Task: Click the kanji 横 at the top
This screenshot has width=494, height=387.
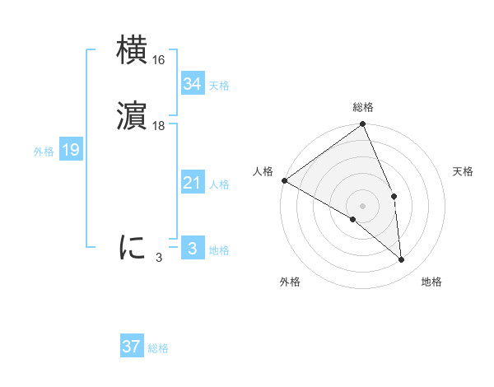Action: [133, 50]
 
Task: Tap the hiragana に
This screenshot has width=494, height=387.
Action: [133, 247]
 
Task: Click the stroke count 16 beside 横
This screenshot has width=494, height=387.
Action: [160, 60]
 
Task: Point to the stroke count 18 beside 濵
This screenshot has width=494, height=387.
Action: [160, 126]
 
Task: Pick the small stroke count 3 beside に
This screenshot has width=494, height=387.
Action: [159, 258]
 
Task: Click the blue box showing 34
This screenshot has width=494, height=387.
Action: [192, 84]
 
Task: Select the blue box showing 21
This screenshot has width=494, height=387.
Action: [192, 183]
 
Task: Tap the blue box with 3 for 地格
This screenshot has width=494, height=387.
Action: [192, 249]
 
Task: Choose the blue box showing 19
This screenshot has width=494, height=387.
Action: [71, 150]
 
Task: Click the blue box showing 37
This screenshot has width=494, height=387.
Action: [131, 347]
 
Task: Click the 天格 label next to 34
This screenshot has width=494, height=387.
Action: [219, 86]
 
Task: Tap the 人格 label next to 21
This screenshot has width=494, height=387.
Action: [219, 184]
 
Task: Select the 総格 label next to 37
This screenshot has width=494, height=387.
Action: [158, 348]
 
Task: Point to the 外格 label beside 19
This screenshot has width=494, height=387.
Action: [44, 152]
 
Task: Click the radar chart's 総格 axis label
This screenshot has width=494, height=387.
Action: [363, 107]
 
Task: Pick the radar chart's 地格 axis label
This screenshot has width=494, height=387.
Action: [431, 282]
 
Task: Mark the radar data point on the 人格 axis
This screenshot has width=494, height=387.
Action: [284, 180]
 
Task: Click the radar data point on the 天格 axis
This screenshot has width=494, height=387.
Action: [394, 196]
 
